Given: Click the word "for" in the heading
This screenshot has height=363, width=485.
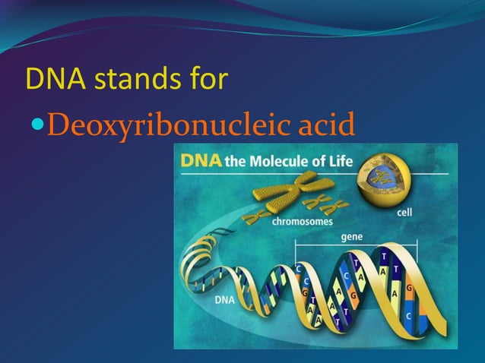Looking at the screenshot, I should click(204, 80).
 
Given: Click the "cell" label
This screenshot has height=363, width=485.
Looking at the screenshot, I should click(404, 213).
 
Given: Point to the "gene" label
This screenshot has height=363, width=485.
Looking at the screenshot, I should click(351, 237).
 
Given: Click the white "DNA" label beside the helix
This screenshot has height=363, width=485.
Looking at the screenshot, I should click(225, 299).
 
